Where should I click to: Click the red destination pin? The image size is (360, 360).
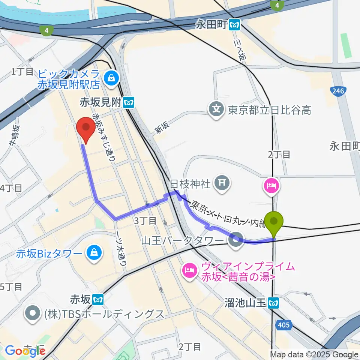86,128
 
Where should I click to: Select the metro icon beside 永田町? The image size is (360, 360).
235,24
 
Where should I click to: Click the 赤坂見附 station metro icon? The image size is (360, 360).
129,101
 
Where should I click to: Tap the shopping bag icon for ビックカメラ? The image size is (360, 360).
112,78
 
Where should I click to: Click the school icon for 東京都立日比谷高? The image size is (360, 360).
217,110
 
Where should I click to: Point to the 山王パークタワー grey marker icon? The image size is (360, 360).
236,238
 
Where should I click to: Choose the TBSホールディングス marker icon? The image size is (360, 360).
33,313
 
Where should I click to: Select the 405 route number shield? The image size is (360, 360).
284,325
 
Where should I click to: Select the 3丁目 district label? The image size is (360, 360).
145,220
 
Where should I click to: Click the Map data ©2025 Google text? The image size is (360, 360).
314,354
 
